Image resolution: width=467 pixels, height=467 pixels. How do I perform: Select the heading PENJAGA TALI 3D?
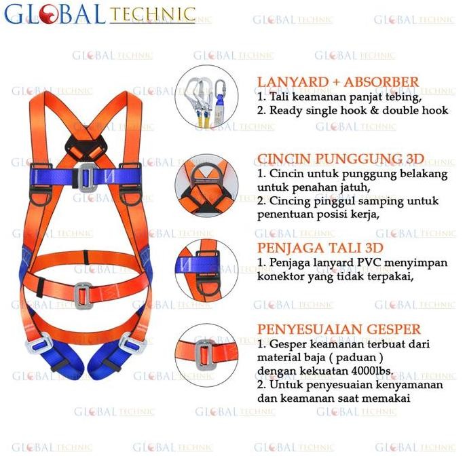pos(320,247)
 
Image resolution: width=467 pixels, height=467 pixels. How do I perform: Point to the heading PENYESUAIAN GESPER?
pos(339,330)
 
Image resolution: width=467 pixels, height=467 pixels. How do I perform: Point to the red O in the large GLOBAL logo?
pos(48,14)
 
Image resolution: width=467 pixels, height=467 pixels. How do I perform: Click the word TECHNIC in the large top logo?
pos(151,14)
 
